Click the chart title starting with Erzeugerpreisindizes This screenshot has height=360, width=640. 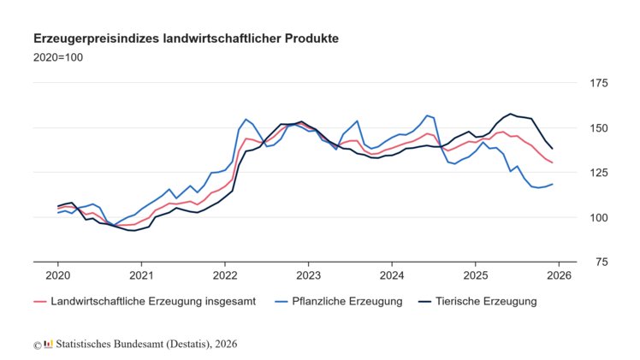(186, 39)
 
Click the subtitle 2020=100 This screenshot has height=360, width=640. (58, 58)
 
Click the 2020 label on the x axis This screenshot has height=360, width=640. (58, 275)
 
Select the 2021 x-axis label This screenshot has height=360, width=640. (141, 275)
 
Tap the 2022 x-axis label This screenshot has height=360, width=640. (225, 275)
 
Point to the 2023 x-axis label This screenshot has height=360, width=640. (308, 275)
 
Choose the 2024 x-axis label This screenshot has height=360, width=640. (392, 275)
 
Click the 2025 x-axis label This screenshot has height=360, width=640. (475, 275)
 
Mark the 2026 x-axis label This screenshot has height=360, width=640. (559, 275)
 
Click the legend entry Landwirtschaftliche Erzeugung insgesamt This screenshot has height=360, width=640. (147, 301)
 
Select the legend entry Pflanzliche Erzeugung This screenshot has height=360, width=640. (341, 301)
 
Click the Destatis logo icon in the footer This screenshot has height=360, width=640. (48, 344)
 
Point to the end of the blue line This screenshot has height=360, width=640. (552, 184)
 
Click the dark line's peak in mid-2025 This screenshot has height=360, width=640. (511, 114)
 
